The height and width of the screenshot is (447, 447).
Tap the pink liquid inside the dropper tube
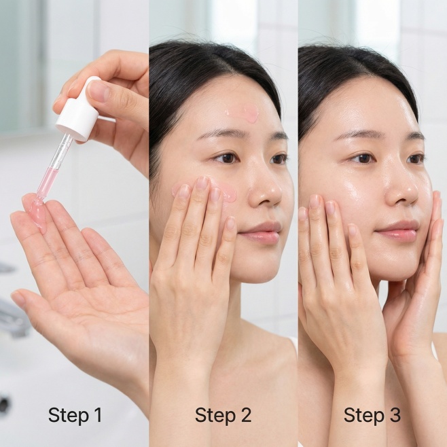coord(46,181)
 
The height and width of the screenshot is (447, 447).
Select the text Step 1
coord(75,415)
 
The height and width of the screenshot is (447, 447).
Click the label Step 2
coord(224,415)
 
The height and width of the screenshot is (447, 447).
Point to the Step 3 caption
coord(372,415)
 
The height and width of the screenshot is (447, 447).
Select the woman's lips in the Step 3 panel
coord(397,232)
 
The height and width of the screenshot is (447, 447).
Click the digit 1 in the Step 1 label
coord(98,415)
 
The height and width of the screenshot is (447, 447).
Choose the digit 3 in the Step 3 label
coord(395,415)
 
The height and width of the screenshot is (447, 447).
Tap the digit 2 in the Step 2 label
coord(246,415)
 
